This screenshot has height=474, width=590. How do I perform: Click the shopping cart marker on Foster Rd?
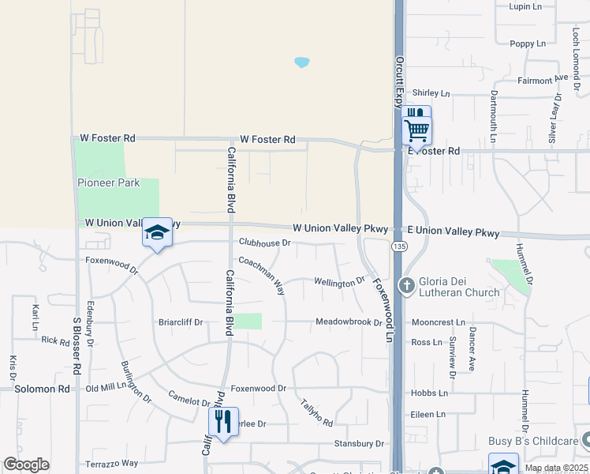(x=416, y=128)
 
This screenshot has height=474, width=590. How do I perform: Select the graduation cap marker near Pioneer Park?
(x=157, y=233)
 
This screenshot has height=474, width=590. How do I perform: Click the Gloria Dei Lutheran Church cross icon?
(x=407, y=284)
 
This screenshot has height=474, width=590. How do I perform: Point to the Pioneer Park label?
(x=109, y=183)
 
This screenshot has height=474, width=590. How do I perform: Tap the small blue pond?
(x=301, y=62)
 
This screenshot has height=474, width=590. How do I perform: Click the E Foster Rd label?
(x=431, y=150)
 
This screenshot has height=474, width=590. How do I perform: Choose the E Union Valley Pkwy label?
(x=453, y=232)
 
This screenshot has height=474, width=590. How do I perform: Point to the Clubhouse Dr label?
(x=265, y=243)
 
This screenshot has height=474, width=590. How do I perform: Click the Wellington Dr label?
(x=339, y=281)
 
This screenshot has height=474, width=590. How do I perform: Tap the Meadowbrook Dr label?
(x=349, y=322)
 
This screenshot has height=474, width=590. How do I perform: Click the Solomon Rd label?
(x=42, y=389)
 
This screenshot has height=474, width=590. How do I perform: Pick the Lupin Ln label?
(x=525, y=6)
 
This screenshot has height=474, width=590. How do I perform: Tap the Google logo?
(x=26, y=465)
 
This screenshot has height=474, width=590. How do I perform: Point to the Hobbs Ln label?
(x=429, y=393)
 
